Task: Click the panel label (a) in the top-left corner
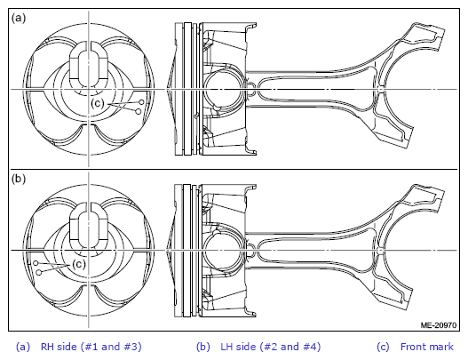click(19, 18)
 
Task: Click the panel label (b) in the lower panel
click(19, 179)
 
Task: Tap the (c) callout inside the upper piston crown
click(98, 103)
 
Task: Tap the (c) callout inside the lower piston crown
click(79, 264)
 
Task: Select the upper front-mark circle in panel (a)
click(141, 102)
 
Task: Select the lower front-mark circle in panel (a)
click(139, 111)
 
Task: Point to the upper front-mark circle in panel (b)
click(36, 263)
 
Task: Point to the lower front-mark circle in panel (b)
click(38, 272)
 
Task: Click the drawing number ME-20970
click(439, 325)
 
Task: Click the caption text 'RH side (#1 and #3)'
click(91, 347)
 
